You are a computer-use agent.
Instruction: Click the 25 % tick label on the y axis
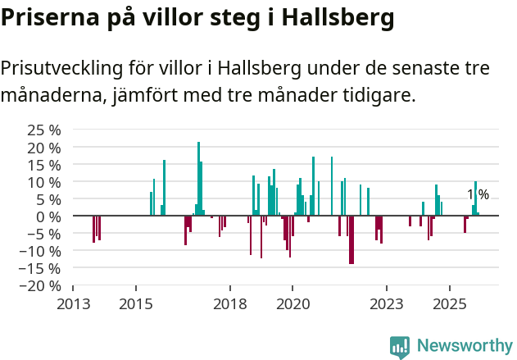pos(44,130)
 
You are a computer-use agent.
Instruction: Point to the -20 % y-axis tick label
pos(41,285)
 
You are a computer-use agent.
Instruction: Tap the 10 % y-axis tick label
pos(44,182)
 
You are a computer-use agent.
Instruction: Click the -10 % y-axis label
pos(41,251)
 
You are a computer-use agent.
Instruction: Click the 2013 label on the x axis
pos(73,304)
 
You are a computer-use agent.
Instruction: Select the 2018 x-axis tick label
pos(230,304)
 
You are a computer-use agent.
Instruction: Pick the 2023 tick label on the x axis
pos(387,304)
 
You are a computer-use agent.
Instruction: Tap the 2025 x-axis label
pos(450,304)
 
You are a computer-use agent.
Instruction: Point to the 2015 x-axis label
pos(136,304)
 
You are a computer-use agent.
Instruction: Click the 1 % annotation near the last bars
pos(478,194)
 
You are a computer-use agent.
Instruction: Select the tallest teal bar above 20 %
pos(198,178)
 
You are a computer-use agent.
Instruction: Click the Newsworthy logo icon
pos(400,347)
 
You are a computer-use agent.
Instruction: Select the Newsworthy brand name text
pos(464,347)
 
